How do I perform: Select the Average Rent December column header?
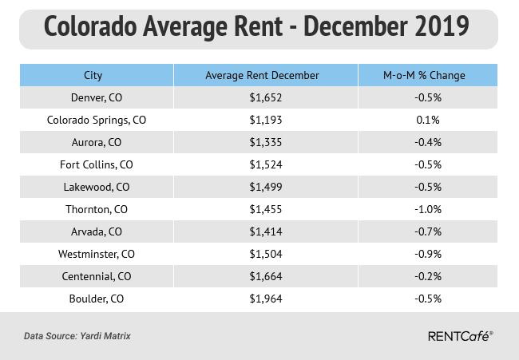pyautogui.click(x=262, y=76)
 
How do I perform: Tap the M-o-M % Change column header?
pyautogui.click(x=423, y=76)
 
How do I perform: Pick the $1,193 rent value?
pyautogui.click(x=262, y=120)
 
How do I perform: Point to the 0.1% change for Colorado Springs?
pyautogui.click(x=423, y=120)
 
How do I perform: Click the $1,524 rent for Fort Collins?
pyautogui.click(x=262, y=165)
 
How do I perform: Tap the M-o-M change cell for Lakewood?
pyautogui.click(x=423, y=188)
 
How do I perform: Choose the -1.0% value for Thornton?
pyautogui.click(x=423, y=211)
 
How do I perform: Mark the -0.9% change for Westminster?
pyautogui.click(x=423, y=255)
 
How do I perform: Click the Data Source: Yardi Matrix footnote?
pyautogui.click(x=77, y=336)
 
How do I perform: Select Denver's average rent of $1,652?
pyautogui.click(x=262, y=97)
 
